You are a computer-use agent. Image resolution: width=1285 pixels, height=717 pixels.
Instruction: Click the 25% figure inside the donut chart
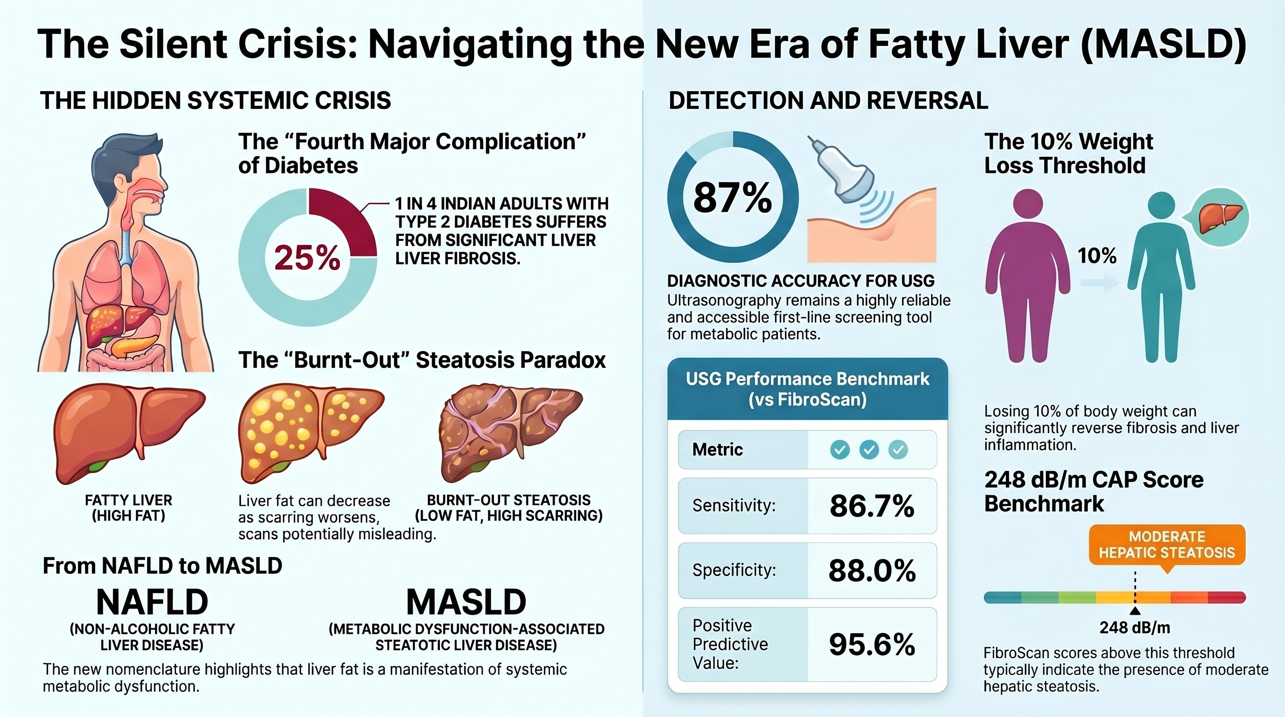pos(307,258)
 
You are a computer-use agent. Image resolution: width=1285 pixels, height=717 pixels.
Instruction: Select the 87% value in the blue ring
pos(732,198)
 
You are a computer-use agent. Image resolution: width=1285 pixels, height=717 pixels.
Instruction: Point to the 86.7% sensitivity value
pos(871,506)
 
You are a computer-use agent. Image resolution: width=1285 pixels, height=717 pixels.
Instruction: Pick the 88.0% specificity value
pos(871,570)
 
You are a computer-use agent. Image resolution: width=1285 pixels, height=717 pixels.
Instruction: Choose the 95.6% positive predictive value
pos(871,644)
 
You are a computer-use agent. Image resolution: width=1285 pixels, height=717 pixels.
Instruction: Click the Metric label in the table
pos(717,450)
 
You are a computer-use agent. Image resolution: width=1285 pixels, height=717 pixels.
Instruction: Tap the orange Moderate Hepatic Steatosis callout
pos(1167,545)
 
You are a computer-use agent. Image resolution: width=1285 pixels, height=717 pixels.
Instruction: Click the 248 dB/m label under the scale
pos(1135,628)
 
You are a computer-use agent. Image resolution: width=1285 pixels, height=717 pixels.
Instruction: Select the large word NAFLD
pos(152,602)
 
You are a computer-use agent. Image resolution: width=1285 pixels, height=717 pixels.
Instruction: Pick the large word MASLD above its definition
pos(466,602)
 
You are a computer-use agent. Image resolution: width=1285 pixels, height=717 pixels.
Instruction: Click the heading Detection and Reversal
pos(828,101)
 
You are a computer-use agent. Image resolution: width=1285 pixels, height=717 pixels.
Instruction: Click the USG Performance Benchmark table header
pos(807,389)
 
